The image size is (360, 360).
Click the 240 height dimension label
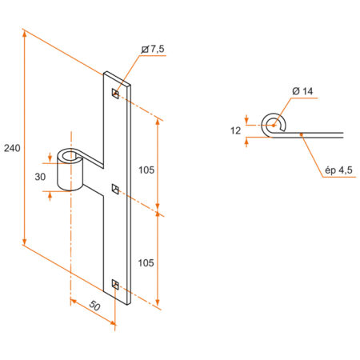(x=11, y=148)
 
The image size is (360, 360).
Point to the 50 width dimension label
(x=95, y=305)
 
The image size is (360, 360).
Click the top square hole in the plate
(x=116, y=95)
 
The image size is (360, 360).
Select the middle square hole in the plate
(x=116, y=189)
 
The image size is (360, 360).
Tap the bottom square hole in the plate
(x=116, y=283)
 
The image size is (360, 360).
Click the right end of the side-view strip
(x=344, y=134)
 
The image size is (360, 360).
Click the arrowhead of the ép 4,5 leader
(x=301, y=136)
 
